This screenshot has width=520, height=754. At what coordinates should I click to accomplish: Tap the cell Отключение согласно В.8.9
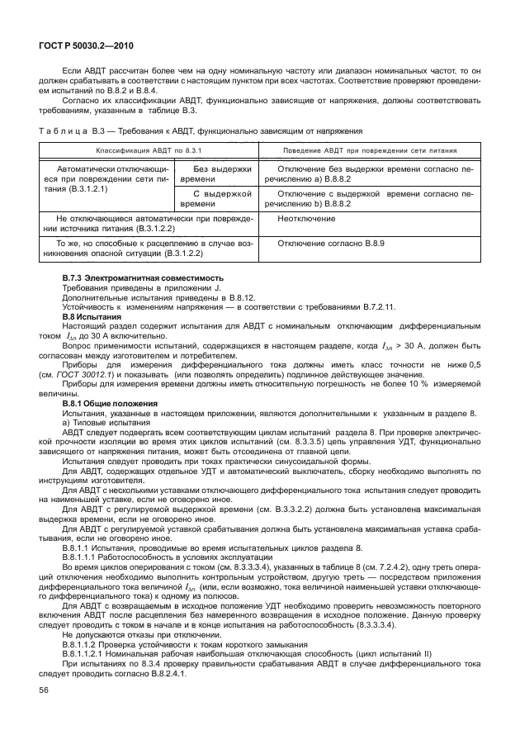click(x=331, y=244)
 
